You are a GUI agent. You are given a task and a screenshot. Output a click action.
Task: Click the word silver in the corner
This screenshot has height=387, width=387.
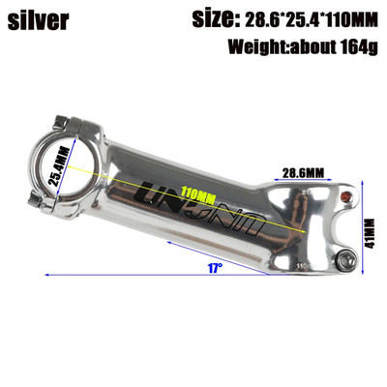[39, 20]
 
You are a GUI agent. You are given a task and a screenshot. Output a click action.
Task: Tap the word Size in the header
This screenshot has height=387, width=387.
[214, 19]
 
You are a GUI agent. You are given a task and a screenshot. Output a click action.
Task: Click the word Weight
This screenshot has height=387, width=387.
[259, 47]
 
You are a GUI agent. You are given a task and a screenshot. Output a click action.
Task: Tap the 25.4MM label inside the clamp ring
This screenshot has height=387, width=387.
[59, 166]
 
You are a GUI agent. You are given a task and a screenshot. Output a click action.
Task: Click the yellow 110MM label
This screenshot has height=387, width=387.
[198, 194]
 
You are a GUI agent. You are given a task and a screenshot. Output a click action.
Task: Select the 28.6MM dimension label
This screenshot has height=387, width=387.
[303, 173]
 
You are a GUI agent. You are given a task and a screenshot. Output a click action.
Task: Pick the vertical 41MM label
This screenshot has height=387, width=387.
[371, 233]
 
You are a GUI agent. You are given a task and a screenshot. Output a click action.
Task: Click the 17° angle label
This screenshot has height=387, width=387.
[215, 268]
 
